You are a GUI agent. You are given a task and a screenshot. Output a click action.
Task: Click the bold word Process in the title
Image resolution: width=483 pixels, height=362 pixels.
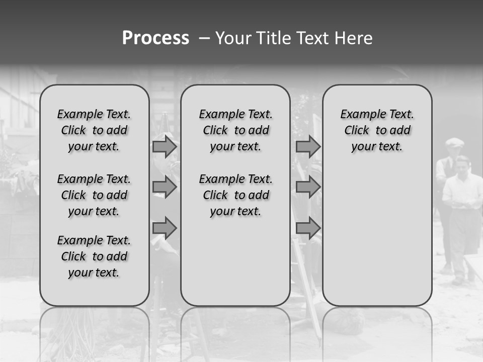tap(155, 38)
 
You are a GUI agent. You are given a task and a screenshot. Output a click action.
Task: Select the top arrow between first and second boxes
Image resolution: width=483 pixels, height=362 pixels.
tap(165, 146)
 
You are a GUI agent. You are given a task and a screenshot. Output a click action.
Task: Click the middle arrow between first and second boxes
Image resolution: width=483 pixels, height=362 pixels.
tap(165, 187)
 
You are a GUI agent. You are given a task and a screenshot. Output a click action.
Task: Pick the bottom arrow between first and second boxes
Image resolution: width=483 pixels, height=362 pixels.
tap(165, 228)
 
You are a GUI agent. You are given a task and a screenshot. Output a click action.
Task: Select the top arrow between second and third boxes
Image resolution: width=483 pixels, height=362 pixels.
tap(308, 146)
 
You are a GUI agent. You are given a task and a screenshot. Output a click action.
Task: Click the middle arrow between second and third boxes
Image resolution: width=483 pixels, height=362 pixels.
tap(308, 187)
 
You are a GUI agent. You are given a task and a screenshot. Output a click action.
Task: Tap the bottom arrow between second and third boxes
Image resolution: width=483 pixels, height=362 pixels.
tap(308, 228)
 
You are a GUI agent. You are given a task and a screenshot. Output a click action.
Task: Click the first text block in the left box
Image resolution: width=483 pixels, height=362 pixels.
tap(94, 130)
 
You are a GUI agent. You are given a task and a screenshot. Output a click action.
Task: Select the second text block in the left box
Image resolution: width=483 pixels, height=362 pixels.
tap(94, 195)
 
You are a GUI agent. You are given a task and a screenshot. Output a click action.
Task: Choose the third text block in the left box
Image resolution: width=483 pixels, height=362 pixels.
tap(94, 256)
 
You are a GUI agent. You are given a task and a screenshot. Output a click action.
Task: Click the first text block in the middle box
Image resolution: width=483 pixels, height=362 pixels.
tap(235, 130)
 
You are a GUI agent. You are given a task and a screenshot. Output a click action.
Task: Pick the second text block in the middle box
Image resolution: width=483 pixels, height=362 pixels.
tap(235, 195)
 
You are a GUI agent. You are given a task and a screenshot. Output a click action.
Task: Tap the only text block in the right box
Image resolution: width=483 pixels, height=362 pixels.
tap(377, 130)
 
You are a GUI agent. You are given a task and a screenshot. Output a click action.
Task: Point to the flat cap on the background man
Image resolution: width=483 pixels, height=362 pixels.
tap(454, 142)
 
